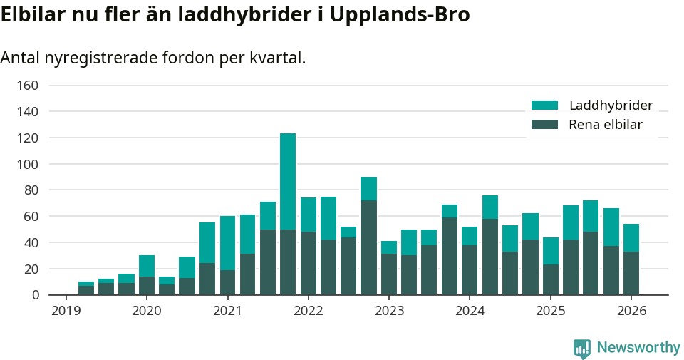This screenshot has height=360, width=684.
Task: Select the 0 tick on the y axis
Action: coord(34,295)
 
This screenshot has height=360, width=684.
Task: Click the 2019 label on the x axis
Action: coord(66,311)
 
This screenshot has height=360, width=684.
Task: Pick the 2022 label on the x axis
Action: coord(309,311)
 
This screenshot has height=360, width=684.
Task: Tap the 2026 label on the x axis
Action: coord(631,311)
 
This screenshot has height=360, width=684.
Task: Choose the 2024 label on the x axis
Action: coord(470,311)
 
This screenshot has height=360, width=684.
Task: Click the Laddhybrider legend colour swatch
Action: coord(544,106)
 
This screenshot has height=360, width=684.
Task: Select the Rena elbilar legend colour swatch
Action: coord(544,125)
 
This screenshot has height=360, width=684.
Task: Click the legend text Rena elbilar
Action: coord(605,125)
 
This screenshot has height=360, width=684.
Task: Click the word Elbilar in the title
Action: coord(31,14)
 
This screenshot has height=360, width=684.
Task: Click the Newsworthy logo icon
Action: coord(581,348)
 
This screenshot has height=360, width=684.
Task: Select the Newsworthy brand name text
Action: coord(638,348)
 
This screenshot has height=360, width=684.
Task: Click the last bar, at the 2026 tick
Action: coord(631,259)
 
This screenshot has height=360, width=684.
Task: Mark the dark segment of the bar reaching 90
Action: coord(368,247)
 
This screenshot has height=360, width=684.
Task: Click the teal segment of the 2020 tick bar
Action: coord(147,266)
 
